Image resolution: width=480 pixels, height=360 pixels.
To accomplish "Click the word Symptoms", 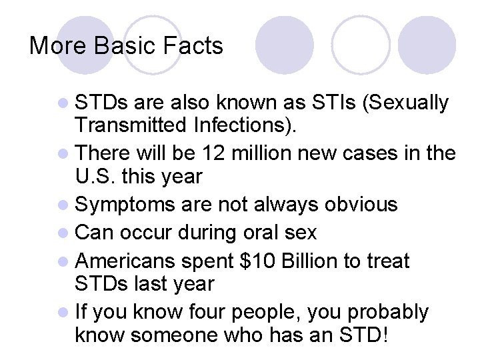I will (126, 205).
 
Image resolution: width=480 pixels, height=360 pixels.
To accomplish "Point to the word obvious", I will (361, 205).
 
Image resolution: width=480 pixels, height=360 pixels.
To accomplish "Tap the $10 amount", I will (257, 260).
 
